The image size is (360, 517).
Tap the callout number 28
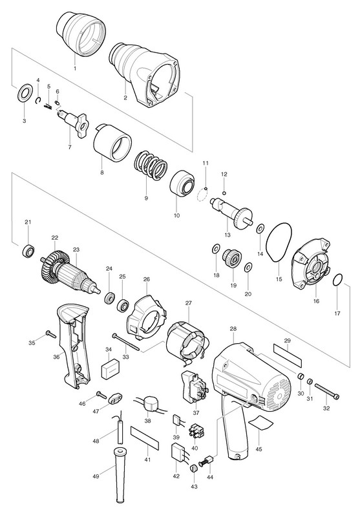point(233,329)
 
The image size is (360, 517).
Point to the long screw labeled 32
point(326,391)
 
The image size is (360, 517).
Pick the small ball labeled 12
point(224,193)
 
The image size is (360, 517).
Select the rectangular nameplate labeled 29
point(288,356)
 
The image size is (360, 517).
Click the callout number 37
point(196,413)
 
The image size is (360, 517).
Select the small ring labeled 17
point(338,280)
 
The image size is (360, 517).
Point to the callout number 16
point(316,301)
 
